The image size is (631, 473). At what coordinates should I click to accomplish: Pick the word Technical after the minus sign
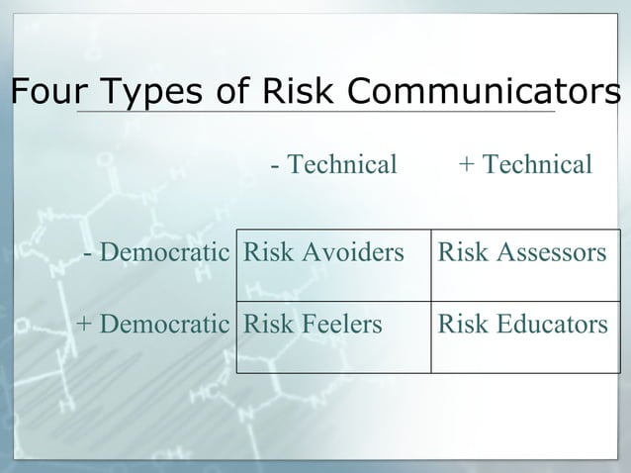341,164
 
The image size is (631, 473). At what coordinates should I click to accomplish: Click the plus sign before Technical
466,165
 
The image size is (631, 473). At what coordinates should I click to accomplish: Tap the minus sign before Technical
274,165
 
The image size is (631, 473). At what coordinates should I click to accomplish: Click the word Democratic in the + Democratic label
164,324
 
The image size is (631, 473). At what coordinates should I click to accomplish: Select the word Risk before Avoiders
265,253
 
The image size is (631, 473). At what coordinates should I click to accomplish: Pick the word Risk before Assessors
460,253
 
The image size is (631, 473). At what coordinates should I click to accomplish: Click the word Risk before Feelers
265,324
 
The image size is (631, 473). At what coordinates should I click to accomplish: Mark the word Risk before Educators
460,324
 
